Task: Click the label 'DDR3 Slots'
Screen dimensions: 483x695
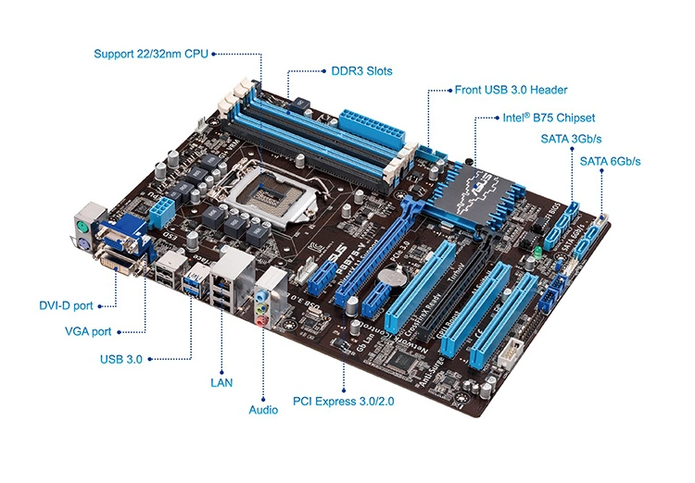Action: point(361,70)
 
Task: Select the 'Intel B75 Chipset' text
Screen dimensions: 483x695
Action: point(550,118)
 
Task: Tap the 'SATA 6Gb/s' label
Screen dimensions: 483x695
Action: point(610,161)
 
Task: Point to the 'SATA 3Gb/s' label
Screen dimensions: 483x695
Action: point(572,139)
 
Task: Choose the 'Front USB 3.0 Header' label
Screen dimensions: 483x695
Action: point(511,91)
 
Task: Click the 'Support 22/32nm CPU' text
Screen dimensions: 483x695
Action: point(150,54)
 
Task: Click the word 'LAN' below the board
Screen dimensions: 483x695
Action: point(221,380)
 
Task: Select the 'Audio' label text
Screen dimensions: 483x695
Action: point(263,408)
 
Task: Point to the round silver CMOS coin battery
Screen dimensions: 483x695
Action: point(397,275)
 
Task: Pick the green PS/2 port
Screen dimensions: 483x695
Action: point(81,226)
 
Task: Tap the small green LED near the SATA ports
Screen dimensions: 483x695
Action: point(537,250)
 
